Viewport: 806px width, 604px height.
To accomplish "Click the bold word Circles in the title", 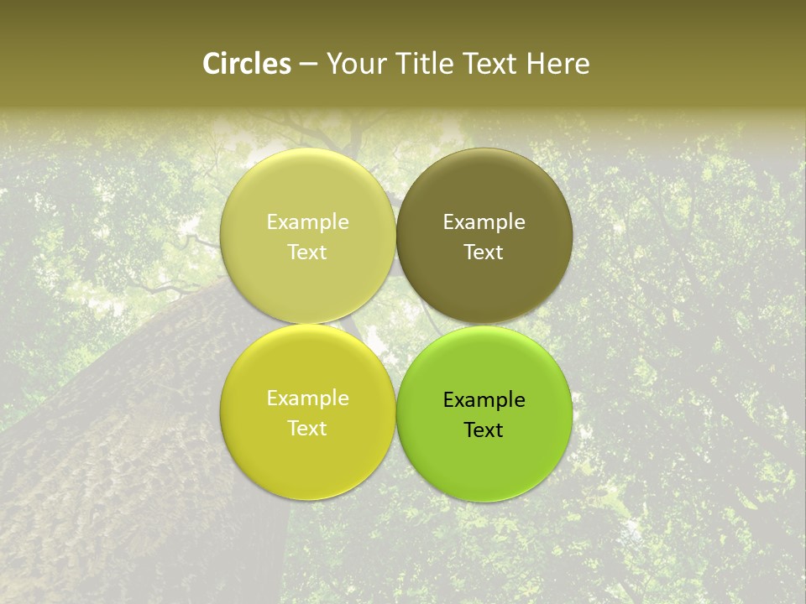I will pyautogui.click(x=246, y=64).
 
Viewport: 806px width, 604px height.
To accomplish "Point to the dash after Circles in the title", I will pyautogui.click(x=308, y=65).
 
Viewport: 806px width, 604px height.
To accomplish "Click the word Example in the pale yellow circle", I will pyautogui.click(x=307, y=221).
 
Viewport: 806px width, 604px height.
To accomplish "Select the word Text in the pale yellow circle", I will pyautogui.click(x=307, y=252).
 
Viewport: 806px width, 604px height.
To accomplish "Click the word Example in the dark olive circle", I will pyautogui.click(x=484, y=221).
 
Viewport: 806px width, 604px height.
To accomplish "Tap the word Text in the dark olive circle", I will pyautogui.click(x=484, y=252).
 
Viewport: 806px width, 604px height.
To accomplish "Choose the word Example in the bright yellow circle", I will pyautogui.click(x=307, y=398).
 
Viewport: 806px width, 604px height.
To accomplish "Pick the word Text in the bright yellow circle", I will pyautogui.click(x=307, y=428).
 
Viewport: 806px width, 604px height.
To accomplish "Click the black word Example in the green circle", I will pyautogui.click(x=484, y=399).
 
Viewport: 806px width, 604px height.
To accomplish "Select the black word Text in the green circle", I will pyautogui.click(x=484, y=430).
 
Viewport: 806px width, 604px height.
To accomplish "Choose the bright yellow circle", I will pyautogui.click(x=307, y=466).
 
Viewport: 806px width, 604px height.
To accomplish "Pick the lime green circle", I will pyautogui.click(x=484, y=467).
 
